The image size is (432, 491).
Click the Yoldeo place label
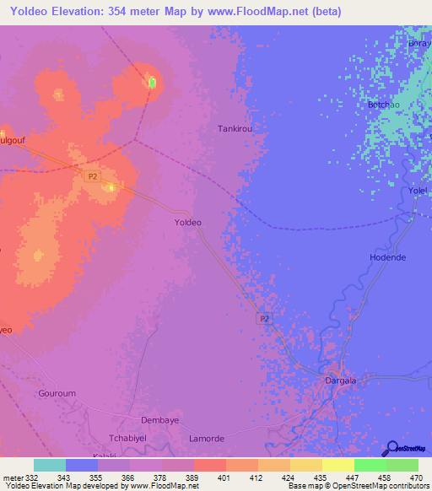(x=187, y=222)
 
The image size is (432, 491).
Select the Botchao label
(x=383, y=105)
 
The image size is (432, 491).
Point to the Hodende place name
(x=388, y=256)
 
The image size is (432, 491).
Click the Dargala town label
(x=341, y=380)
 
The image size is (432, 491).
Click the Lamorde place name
(x=207, y=439)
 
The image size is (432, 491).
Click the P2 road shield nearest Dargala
(x=264, y=318)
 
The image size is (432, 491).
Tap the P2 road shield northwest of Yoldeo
(x=92, y=175)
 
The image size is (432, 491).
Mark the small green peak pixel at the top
(x=152, y=83)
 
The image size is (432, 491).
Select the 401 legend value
(x=224, y=478)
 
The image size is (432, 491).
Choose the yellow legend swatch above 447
(x=337, y=465)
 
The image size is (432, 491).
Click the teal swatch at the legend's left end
(x=50, y=465)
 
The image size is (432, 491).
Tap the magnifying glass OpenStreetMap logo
(x=394, y=448)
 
